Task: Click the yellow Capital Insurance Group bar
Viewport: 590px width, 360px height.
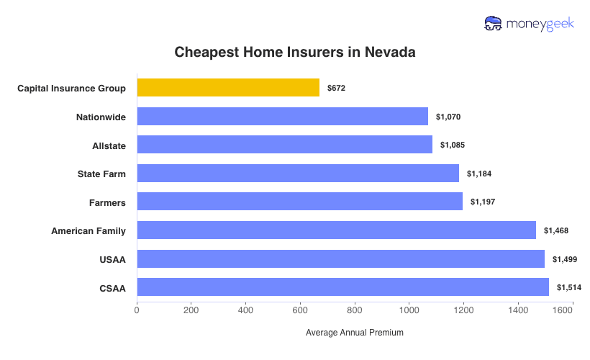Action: click(228, 88)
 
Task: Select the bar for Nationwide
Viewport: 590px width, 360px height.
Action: click(282, 117)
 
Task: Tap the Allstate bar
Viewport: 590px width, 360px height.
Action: click(284, 145)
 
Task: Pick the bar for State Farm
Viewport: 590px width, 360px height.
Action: click(298, 174)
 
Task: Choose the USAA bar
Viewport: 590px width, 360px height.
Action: click(340, 259)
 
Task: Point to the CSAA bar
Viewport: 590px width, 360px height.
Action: click(342, 287)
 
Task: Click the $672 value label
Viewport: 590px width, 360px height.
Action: click(336, 88)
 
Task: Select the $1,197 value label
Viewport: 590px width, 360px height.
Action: click(483, 202)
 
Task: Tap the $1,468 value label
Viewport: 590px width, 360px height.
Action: click(556, 230)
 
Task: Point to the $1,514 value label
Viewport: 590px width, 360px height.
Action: click(568, 287)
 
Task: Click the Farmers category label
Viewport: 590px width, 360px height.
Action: click(106, 202)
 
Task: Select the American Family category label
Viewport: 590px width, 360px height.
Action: click(88, 230)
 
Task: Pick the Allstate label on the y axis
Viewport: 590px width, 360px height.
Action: click(109, 145)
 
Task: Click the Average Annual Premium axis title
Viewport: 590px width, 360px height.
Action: click(355, 333)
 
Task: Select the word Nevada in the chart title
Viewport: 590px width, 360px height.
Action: click(389, 53)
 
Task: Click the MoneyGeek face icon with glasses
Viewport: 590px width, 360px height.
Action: click(494, 24)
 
